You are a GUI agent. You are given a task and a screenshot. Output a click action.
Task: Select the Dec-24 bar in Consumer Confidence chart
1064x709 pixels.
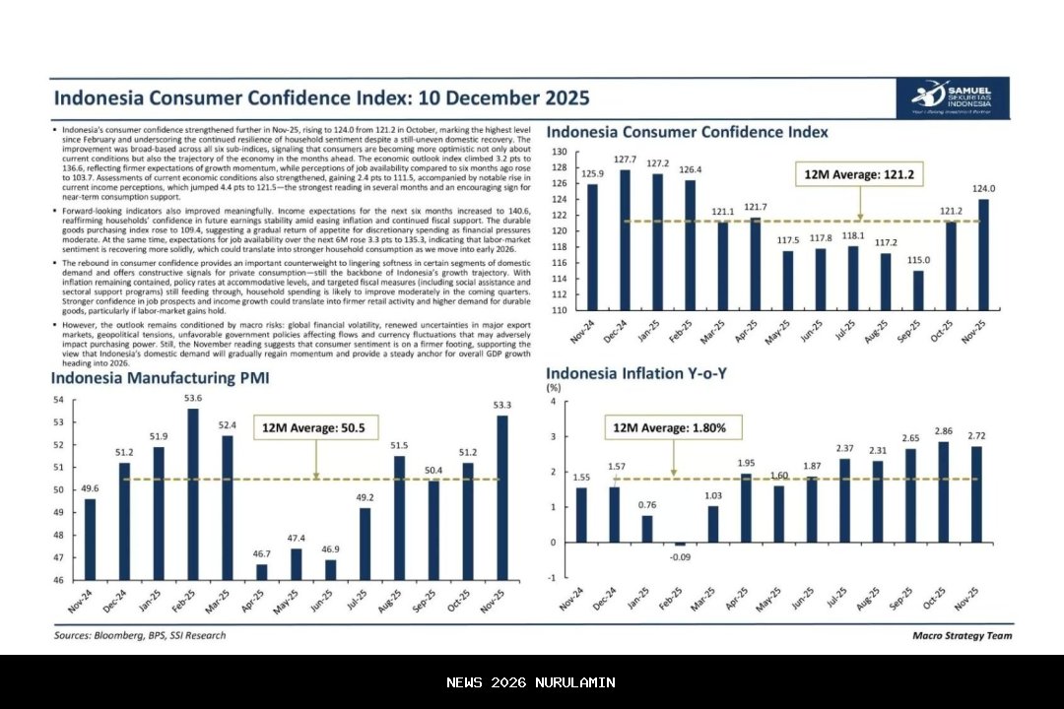625,239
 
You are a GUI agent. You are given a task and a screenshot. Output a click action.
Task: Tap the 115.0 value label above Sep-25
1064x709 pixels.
918,260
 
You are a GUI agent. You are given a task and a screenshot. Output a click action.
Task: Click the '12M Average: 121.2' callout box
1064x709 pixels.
859,174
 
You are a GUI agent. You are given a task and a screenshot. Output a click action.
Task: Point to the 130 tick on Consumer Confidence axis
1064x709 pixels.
560,152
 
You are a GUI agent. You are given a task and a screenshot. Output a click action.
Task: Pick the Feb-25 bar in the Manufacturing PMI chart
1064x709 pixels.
192,493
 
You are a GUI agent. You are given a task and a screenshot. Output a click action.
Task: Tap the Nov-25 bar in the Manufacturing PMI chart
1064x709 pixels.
502,497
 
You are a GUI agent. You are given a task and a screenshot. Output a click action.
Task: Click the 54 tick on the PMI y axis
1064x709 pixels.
57,400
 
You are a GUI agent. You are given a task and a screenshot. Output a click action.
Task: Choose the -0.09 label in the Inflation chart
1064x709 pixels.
680,558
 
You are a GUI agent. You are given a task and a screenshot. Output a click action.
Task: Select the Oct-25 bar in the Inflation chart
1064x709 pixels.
944,491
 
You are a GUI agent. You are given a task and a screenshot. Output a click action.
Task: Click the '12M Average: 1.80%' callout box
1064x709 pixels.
670,428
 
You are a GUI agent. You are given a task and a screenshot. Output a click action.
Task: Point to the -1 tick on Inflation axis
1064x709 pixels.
553,577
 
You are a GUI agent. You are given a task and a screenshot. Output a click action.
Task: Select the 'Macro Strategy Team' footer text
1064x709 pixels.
962,635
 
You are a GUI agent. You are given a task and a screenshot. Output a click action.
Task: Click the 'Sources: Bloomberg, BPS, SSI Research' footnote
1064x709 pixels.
139,635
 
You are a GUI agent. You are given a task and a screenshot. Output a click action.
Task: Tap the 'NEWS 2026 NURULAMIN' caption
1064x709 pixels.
531,682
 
